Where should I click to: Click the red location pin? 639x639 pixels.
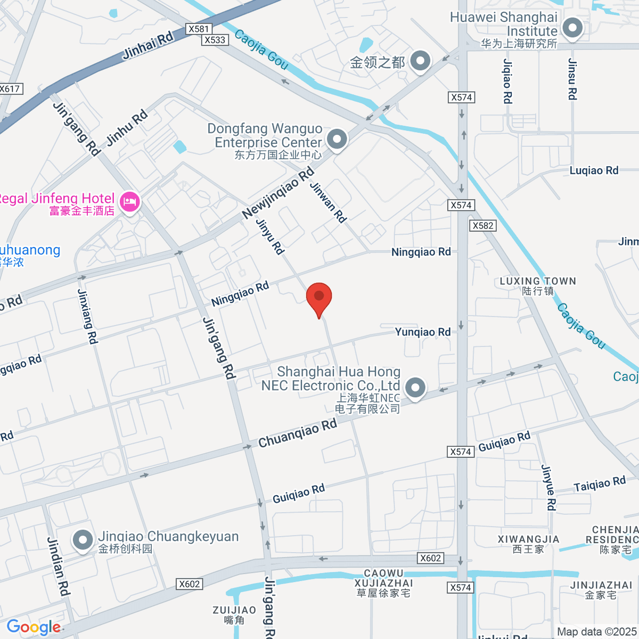[319, 298]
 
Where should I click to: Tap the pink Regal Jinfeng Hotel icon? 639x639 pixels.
[130, 202]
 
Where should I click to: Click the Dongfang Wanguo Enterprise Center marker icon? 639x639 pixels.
[337, 140]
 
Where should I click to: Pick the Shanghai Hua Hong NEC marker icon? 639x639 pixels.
[415, 388]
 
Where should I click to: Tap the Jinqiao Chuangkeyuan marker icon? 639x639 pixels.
[83, 540]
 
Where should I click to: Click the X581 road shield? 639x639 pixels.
[199, 29]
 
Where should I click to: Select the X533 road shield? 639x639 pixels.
[215, 40]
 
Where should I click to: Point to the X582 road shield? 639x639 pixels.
[483, 226]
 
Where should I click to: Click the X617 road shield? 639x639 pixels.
[10, 89]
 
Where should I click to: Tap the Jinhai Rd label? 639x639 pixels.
[148, 45]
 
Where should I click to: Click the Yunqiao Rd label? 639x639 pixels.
[423, 332]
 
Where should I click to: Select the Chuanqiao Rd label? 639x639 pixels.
[298, 433]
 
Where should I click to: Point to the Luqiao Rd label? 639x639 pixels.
[594, 170]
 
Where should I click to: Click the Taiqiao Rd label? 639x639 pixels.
[599, 484]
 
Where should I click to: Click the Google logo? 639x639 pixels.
[34, 627]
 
